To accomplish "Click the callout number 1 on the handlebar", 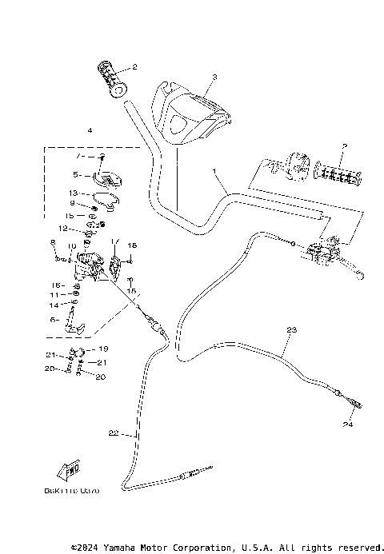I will [x=214, y=172].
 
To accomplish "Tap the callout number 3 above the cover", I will [x=214, y=78].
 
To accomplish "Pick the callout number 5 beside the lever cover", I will [x=75, y=174].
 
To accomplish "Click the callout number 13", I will [x=72, y=193].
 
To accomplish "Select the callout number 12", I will [x=73, y=229].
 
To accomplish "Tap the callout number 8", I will [x=53, y=242].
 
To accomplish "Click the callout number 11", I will [x=54, y=294].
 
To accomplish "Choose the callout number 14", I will [x=54, y=305].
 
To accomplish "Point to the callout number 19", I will [x=103, y=349].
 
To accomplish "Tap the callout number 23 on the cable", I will [x=290, y=330].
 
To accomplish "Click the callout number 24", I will [x=348, y=424].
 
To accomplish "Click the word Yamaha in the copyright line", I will [x=133, y=548].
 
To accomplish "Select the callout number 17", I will [x=114, y=241].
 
